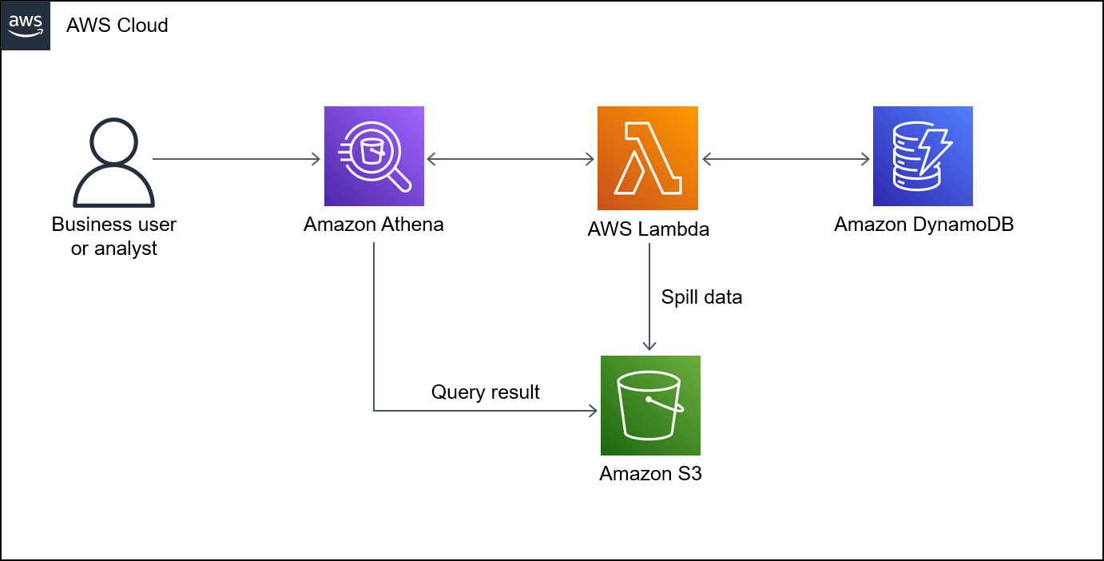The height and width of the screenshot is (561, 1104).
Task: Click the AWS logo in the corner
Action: pyautogui.click(x=26, y=26)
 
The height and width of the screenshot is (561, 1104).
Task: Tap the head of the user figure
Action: pyautogui.click(x=114, y=141)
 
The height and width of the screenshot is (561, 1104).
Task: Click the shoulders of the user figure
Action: pyautogui.click(x=113, y=189)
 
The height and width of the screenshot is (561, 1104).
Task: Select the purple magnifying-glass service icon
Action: pyautogui.click(x=374, y=157)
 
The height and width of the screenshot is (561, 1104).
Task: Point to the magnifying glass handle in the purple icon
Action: pyautogui.click(x=400, y=182)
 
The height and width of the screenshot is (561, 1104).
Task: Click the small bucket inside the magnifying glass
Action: pyautogui.click(x=371, y=151)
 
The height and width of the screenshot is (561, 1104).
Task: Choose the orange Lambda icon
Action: pyautogui.click(x=648, y=158)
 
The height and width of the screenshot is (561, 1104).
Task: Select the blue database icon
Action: pyautogui.click(x=923, y=157)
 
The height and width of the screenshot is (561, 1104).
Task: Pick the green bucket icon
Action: pyautogui.click(x=650, y=405)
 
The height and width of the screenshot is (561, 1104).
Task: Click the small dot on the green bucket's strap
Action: pyautogui.click(x=649, y=399)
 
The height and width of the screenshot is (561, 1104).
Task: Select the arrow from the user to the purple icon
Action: pyautogui.click(x=236, y=159)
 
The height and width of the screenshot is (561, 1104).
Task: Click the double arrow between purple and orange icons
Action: pyautogui.click(x=510, y=159)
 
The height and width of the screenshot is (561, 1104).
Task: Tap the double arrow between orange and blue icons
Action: pyautogui.click(x=785, y=159)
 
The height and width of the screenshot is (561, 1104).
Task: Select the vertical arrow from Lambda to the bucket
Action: pyautogui.click(x=649, y=296)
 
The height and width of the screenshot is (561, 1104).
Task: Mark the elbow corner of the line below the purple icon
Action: pyautogui.click(x=374, y=411)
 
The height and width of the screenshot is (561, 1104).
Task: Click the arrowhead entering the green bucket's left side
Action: pyautogui.click(x=593, y=411)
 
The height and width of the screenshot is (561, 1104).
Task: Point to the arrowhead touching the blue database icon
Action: pyautogui.click(x=865, y=159)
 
